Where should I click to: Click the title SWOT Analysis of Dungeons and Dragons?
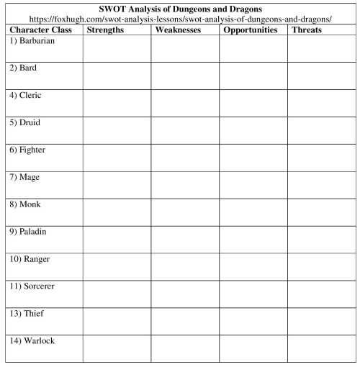[x=179, y=9]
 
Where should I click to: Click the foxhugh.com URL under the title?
[x=179, y=19]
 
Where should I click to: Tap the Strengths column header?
[x=105, y=30]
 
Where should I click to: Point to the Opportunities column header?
[x=250, y=30]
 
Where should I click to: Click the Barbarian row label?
[x=33, y=41]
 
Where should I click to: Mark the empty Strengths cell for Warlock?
[x=117, y=348]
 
